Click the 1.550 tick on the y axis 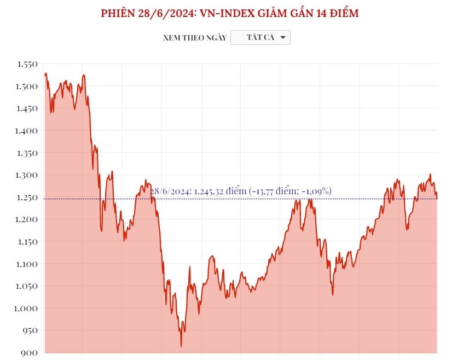(27, 65)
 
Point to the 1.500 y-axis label (27, 86)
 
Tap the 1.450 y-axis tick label (27, 109)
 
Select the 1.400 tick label (27, 131)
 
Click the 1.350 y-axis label (27, 153)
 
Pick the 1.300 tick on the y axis (27, 175)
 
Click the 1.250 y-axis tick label (27, 198)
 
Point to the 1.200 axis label (27, 219)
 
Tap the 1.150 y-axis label (27, 242)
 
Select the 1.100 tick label (27, 264)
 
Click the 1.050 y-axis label (27, 286)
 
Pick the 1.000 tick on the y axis (27, 309)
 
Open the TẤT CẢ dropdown (261, 37)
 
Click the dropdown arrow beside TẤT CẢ (282, 37)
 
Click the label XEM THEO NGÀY (194, 38)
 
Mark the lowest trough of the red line (181, 346)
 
